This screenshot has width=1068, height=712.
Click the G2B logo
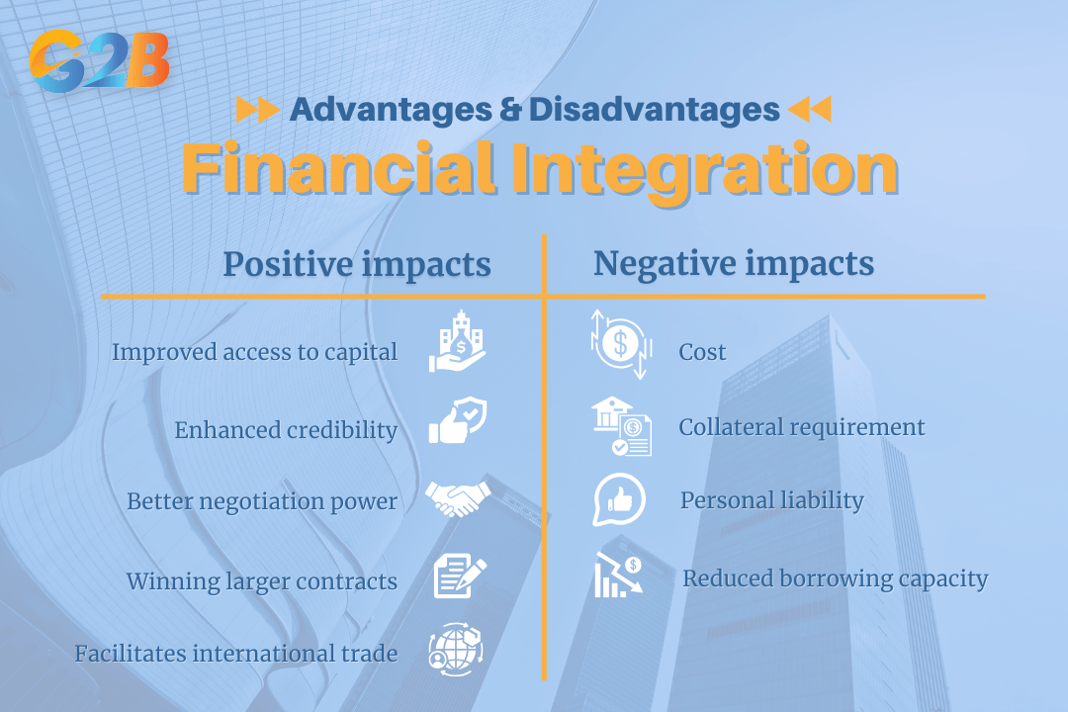pos(100,60)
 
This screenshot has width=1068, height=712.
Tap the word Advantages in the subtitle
pos(391,110)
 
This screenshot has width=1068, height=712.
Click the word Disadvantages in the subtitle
pos(654,110)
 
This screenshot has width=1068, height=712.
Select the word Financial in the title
pos(338,168)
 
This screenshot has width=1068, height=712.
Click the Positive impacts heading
pos(357,264)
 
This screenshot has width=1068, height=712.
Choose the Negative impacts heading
pos(734,264)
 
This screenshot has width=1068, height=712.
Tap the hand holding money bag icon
pos(457,341)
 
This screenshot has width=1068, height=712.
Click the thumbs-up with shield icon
pos(458,420)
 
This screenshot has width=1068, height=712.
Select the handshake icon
pos(458,498)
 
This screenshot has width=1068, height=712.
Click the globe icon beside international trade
pos(456,649)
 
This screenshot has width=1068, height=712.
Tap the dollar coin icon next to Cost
pos(621,344)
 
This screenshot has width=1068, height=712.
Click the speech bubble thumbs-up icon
pos(618,500)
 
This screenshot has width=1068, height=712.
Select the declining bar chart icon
pos(618,576)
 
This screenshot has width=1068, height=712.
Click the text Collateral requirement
pos(802,428)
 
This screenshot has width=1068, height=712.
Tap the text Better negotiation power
pos(262,501)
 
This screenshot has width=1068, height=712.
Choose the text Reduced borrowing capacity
pos(835,579)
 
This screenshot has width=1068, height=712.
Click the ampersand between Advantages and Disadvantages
pos(511,110)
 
